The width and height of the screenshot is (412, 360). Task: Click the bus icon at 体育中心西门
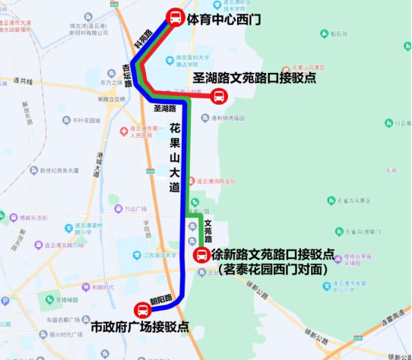pyautogui.click(x=175, y=17)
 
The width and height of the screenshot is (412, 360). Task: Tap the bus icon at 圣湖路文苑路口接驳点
pyautogui.click(x=219, y=96)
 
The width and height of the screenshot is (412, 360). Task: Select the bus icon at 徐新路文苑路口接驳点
pyautogui.click(x=201, y=255)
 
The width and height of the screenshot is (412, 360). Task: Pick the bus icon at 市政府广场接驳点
pyautogui.click(x=142, y=310)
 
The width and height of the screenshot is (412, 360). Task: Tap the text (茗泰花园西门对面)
pyautogui.click(x=272, y=269)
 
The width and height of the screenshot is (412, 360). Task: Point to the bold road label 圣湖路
pyautogui.click(x=162, y=109)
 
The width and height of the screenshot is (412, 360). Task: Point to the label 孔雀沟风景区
pyautogui.click(x=351, y=201)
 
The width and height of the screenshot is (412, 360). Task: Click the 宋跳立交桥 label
pyautogui.click(x=112, y=99)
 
